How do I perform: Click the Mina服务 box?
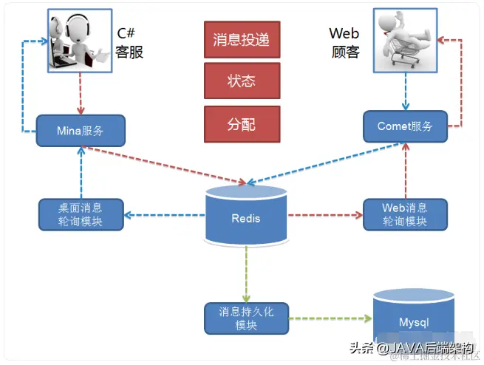coord(81,131)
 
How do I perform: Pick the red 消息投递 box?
coord(241,39)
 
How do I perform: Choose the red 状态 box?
coord(241,80)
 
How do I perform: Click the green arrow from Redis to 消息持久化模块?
coord(245,273)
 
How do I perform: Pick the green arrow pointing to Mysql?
coord(329,319)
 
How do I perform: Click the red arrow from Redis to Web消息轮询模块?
coord(325,215)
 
